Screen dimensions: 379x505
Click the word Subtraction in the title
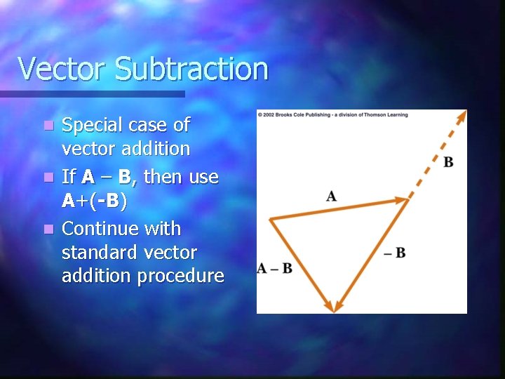[x=191, y=69]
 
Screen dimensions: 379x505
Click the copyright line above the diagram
[x=332, y=114]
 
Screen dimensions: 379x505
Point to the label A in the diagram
[x=331, y=196]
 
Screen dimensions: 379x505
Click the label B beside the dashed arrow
[x=448, y=163]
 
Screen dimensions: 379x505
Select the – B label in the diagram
[x=395, y=253]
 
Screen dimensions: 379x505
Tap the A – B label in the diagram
[x=275, y=268]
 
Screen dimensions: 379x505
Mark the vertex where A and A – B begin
[x=271, y=219]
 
